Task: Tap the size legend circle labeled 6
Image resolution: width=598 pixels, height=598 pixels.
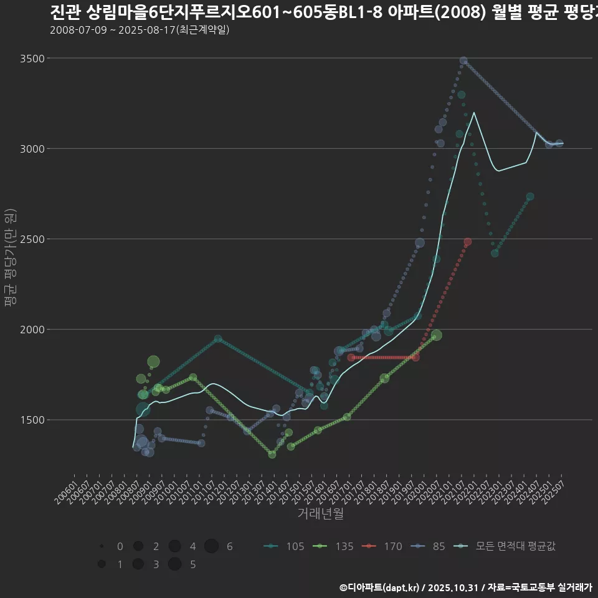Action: (212, 546)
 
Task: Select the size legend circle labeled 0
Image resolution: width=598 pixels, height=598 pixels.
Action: (102, 546)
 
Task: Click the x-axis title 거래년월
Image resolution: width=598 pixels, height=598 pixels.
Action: (320, 514)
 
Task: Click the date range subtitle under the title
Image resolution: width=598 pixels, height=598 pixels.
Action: (140, 29)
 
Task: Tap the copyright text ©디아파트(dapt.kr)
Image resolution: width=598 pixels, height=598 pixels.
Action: (379, 587)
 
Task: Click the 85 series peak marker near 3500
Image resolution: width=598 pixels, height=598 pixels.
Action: (463, 61)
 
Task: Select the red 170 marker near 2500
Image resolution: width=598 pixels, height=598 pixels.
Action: (468, 242)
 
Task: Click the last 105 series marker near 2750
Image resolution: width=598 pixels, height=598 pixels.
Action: (530, 196)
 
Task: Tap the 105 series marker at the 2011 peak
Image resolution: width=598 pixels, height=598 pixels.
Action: (218, 339)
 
